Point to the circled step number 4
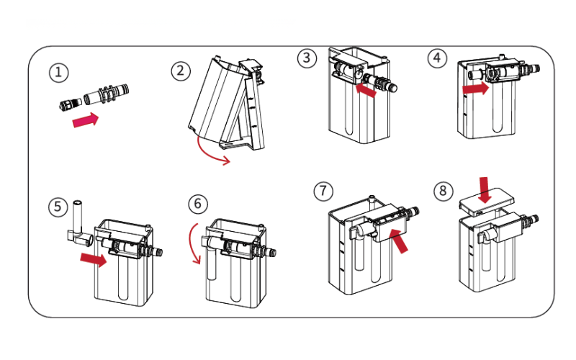[x=436, y=58]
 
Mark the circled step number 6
[x=198, y=204]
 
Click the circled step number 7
[x=323, y=190]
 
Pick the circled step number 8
[x=444, y=190]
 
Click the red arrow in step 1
[x=86, y=120]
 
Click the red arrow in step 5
[x=94, y=257]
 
